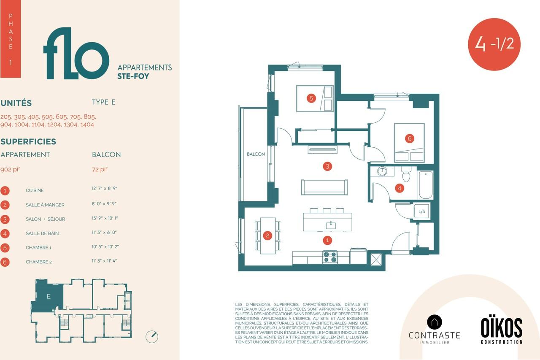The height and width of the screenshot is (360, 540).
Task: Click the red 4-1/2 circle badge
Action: [494, 44]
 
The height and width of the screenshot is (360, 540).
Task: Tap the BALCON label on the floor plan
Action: [256, 154]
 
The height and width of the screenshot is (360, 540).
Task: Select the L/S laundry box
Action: [421, 211]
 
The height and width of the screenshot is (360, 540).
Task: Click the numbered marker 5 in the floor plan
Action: [311, 98]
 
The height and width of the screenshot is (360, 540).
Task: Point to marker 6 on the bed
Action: [409, 139]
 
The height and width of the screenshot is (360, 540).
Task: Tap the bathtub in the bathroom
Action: [426, 185]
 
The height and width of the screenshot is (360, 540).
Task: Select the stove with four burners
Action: [330, 257]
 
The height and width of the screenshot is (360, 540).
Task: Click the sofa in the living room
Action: [324, 187]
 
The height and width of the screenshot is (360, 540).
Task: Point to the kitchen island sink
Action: [331, 225]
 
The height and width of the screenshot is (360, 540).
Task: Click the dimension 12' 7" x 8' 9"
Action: [105, 188]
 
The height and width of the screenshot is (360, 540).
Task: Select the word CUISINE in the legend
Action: [35, 190]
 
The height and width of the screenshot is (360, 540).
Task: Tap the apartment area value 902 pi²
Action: [10, 170]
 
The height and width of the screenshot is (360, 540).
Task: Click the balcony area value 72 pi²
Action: [100, 170]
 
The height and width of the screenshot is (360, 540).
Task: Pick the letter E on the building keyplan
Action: [49, 296]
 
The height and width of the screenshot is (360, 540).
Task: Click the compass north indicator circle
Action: [152, 337]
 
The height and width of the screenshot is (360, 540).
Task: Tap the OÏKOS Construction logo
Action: [502, 330]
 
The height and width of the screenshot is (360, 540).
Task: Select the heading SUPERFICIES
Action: [28, 141]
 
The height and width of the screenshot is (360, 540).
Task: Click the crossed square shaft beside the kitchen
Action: [376, 260]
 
